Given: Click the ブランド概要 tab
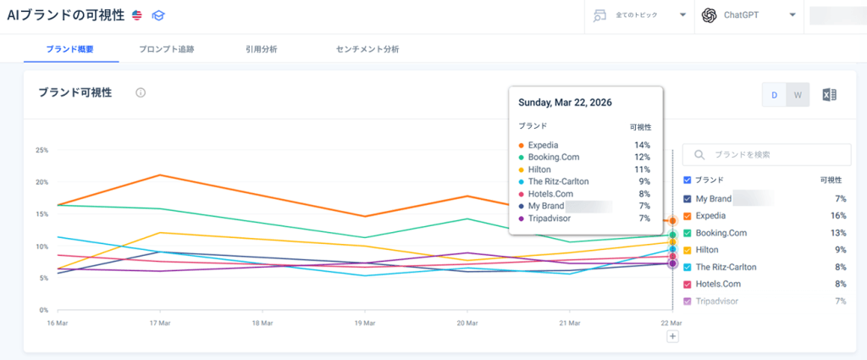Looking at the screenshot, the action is [x=69, y=49].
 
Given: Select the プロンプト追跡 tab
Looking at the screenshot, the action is [x=167, y=49].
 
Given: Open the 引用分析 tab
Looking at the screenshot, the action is [x=262, y=49].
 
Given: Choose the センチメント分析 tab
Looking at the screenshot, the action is [x=367, y=49].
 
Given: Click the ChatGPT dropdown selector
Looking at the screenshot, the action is [x=748, y=15].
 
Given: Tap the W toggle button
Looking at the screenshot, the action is [x=798, y=95].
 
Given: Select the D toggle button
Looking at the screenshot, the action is [x=775, y=95].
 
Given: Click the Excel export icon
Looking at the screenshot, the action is [x=830, y=95].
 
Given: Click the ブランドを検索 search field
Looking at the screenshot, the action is [x=766, y=155].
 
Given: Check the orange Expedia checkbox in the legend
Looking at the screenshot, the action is [x=688, y=216].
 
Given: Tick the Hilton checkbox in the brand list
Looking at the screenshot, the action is [x=688, y=250].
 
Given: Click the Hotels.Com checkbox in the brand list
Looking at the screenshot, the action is [x=688, y=285].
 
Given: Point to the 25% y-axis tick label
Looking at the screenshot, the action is [x=41, y=150].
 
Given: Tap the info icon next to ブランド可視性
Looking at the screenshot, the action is [x=141, y=93].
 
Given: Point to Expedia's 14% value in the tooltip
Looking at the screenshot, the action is [x=643, y=145].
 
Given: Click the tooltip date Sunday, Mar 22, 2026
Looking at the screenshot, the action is [x=565, y=102].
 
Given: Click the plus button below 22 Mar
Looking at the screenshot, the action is [x=672, y=336].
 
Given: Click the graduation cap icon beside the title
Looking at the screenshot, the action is [x=158, y=15].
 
